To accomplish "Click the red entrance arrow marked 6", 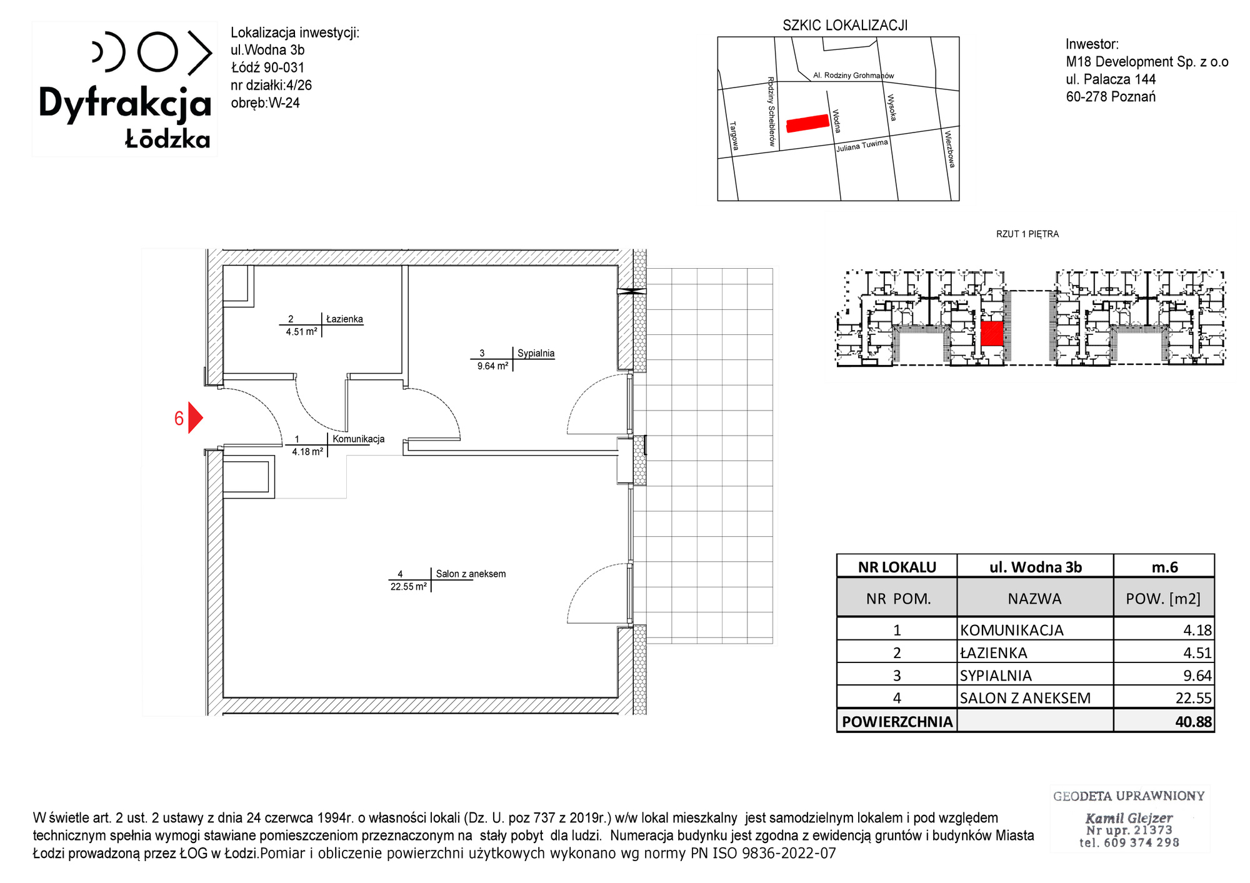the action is pyautogui.click(x=194, y=417).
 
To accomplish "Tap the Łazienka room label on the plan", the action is pyautogui.click(x=344, y=319).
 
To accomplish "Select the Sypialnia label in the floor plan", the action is pyautogui.click(x=536, y=353).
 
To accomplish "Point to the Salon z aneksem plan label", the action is pyautogui.click(x=471, y=574).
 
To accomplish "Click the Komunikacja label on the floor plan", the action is pyautogui.click(x=358, y=439).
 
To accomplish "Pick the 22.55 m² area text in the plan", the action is pyautogui.click(x=409, y=587).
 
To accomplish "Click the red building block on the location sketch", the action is pyautogui.click(x=807, y=124).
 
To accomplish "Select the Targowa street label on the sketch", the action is pyautogui.click(x=734, y=136).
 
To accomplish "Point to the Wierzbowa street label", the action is pyautogui.click(x=950, y=149).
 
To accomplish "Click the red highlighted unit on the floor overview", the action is pyautogui.click(x=992, y=334).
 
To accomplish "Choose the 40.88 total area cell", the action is pyautogui.click(x=1193, y=722).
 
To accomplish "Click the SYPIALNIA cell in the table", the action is pyautogui.click(x=996, y=676).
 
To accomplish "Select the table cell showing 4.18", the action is pyautogui.click(x=1197, y=630).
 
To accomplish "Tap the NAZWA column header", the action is pyautogui.click(x=1034, y=599).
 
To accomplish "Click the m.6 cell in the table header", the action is pyautogui.click(x=1164, y=567).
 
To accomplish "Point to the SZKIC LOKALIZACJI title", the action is pyautogui.click(x=845, y=26).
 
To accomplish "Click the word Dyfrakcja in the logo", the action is pyautogui.click(x=125, y=104).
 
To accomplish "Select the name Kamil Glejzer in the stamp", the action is pyautogui.click(x=1129, y=817).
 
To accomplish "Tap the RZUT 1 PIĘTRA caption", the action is pyautogui.click(x=1027, y=234).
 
